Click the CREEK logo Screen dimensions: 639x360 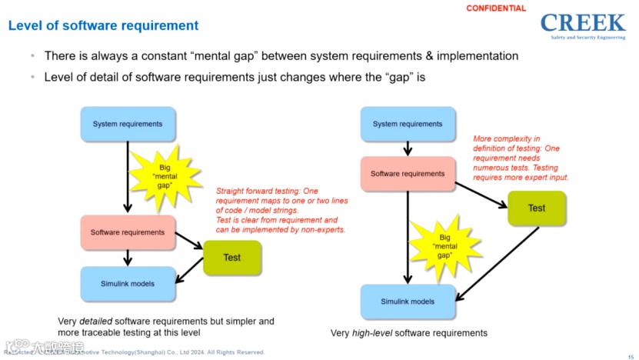(583, 24)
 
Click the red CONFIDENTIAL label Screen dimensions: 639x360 (496, 8)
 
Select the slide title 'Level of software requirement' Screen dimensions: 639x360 (103, 25)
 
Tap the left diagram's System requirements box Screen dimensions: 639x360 (128, 124)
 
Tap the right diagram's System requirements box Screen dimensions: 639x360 (407, 124)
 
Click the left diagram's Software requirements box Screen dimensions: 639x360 (128, 232)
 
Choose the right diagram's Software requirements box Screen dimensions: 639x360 (408, 174)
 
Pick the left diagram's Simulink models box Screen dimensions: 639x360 (128, 284)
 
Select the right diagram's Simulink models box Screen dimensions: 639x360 (408, 302)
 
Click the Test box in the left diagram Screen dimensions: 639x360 (231, 258)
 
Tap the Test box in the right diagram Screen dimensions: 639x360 (537, 208)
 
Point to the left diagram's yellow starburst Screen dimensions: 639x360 (165, 175)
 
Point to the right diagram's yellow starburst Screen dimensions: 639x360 (445, 247)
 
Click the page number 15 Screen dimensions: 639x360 (631, 355)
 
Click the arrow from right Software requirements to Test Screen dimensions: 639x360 (481, 195)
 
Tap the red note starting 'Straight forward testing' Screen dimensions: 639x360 (281, 210)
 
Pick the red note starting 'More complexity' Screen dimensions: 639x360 (525, 158)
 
